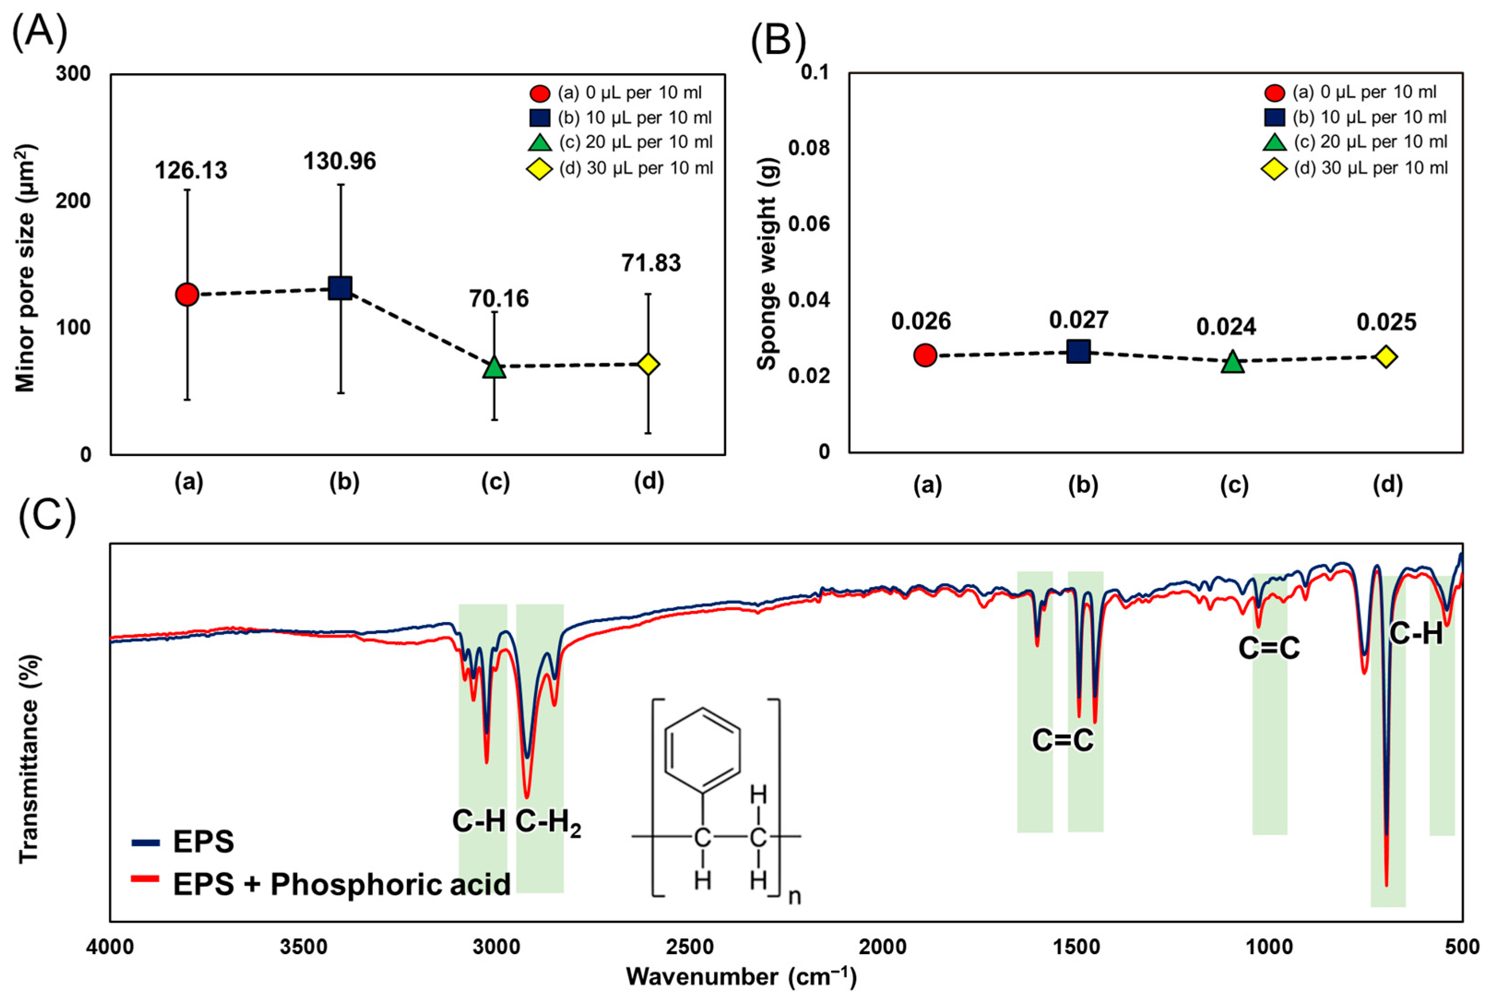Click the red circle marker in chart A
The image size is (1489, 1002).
tap(187, 294)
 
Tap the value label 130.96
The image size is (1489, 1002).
tap(339, 162)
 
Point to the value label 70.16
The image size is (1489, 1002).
tap(499, 299)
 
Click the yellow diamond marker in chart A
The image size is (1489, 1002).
tap(648, 364)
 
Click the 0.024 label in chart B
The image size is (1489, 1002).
tap(1226, 327)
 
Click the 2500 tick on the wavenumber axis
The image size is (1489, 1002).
tap(689, 946)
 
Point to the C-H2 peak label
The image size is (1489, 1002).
tap(548, 822)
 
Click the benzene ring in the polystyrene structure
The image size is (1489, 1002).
tap(702, 750)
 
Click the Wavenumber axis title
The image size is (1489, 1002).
tap(741, 977)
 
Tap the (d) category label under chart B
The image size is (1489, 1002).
tap(1387, 485)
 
